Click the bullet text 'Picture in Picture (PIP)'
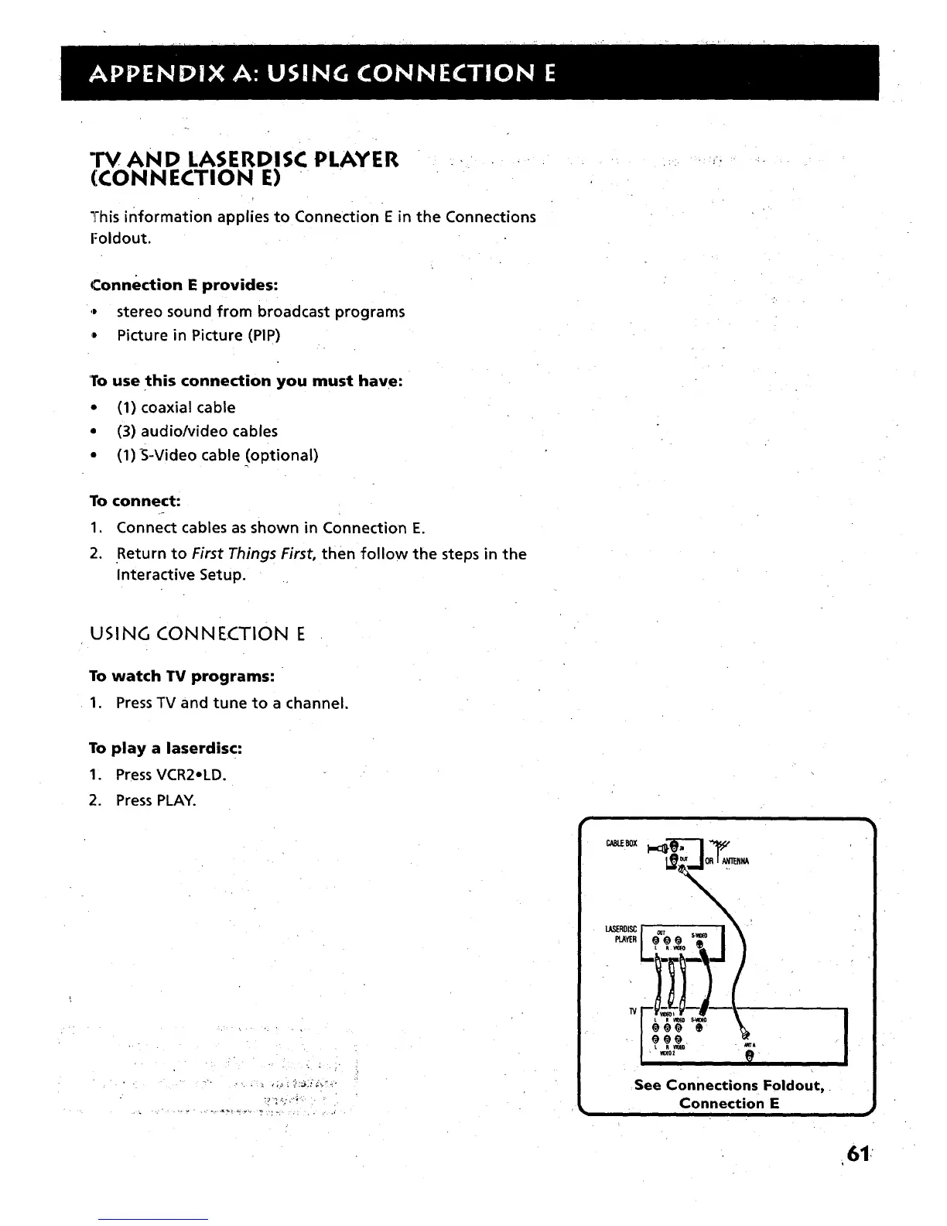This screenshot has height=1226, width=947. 198,335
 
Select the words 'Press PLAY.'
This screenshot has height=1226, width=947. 156,800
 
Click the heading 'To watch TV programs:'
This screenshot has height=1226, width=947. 182,676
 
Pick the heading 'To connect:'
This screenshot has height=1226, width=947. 135,501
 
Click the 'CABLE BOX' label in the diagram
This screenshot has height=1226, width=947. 621,844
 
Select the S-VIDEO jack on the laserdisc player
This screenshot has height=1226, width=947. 699,944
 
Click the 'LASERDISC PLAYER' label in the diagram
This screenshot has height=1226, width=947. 621,934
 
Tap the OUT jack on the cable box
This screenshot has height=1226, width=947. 673,858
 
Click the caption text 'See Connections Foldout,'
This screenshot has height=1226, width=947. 727,1085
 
